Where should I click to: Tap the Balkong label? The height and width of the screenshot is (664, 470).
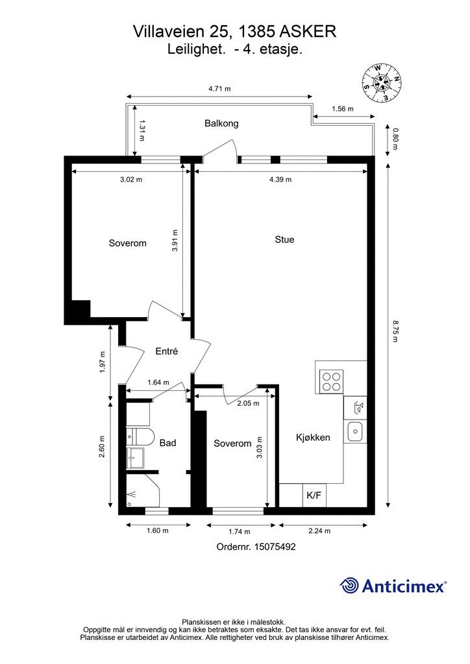221,124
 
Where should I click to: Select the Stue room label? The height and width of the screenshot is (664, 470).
284,240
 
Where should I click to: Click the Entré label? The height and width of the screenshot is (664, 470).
166,351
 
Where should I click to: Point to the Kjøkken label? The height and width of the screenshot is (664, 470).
313,438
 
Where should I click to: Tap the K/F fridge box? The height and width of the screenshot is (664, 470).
314,495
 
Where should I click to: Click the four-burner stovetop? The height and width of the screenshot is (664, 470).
331,381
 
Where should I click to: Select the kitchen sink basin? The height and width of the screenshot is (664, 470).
354,432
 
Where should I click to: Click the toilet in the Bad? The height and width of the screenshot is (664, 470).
140,437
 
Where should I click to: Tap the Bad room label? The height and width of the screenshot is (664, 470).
168,443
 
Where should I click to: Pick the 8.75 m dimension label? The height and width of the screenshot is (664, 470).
395,331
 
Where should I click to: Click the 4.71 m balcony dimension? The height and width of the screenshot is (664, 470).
219,89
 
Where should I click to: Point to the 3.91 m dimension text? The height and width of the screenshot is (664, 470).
175,241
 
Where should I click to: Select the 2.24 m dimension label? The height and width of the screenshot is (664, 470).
319,530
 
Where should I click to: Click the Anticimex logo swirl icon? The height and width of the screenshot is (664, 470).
349,586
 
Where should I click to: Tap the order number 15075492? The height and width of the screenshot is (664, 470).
275,547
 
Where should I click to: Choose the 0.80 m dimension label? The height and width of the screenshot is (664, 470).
395,139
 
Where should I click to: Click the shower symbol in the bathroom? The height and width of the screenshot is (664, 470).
132,493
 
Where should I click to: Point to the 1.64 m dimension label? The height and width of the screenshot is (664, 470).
158,383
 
